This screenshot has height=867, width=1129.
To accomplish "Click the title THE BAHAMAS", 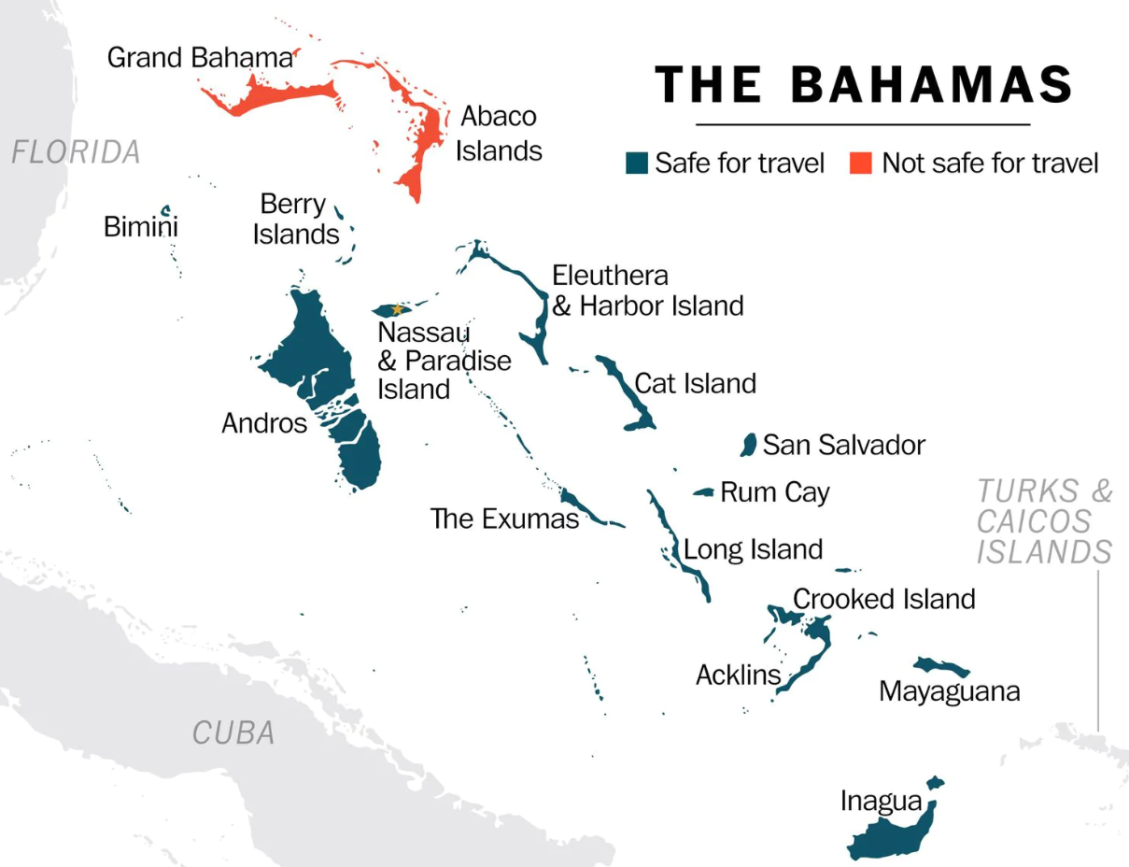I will [863, 86].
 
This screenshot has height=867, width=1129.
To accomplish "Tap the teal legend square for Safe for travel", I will [637, 163].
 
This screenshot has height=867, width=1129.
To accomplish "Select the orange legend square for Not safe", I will [860, 163].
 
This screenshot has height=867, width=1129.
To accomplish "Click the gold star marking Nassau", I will [397, 309].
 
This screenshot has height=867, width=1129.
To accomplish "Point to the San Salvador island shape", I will [747, 445].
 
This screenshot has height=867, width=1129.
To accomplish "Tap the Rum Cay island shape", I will [704, 492].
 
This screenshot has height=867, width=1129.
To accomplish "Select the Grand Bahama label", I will [200, 58].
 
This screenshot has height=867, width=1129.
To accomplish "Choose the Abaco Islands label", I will [499, 134].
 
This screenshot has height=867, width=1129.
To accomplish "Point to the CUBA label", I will [233, 733].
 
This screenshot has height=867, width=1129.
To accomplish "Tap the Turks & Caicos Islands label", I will [1044, 521].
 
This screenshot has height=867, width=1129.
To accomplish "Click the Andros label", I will [264, 423].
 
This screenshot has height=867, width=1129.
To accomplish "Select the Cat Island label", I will [695, 383].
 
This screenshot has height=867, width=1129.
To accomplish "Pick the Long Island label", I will [753, 549].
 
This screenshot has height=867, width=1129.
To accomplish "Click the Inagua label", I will [881, 801].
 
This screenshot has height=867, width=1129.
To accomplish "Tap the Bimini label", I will [140, 227].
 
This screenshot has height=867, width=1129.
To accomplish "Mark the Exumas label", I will [504, 519].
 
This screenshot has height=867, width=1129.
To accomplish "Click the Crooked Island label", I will [883, 599].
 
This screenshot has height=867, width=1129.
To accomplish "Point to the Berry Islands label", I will [295, 220].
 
